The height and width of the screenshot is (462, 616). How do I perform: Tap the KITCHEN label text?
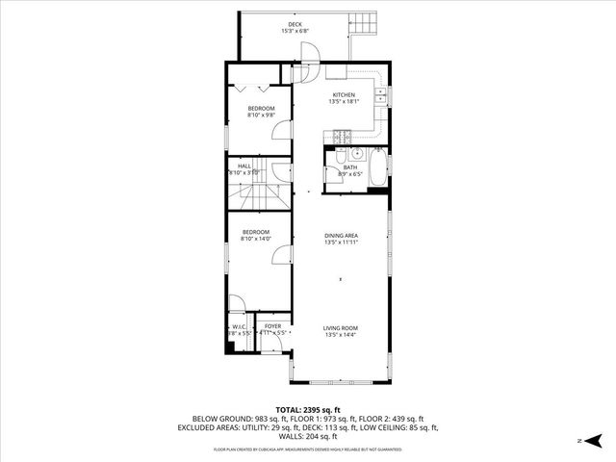coord(344,94)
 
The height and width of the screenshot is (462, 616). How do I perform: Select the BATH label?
coord(349,167)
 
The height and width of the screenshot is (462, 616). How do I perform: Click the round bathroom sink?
coord(355,153)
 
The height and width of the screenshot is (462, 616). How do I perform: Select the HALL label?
coord(244,166)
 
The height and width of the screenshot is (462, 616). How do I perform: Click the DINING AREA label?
coord(342,236)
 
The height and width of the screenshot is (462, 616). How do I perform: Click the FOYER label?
coord(273,327)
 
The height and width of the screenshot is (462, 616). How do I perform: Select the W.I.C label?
coord(239,327)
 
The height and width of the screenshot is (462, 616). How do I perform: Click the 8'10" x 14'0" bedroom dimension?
coord(255,238)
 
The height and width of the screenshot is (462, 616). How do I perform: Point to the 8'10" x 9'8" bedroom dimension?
coord(261,115)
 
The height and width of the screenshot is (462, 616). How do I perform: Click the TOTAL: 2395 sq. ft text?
coord(308,409)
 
